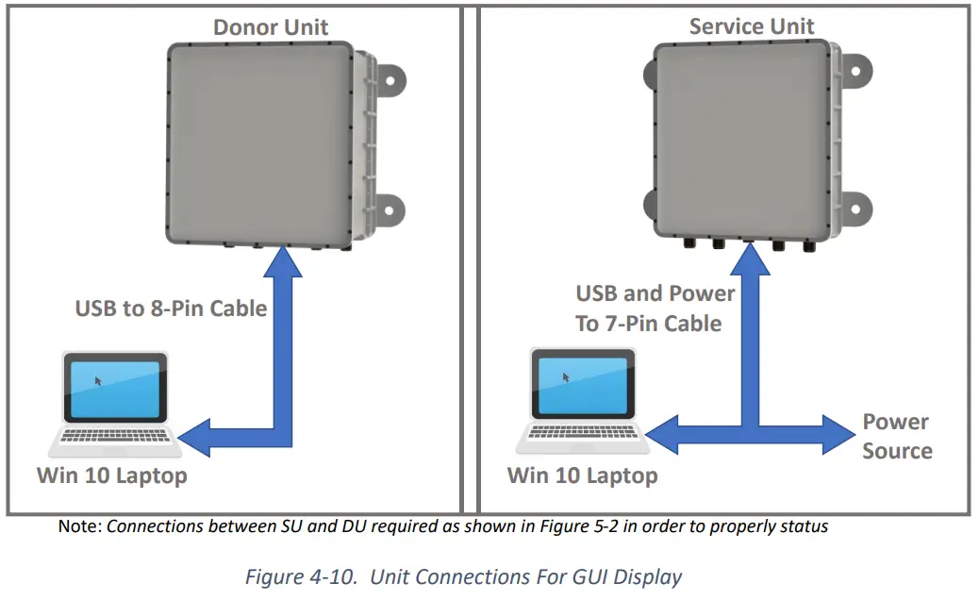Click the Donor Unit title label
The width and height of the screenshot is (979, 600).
pos(271,26)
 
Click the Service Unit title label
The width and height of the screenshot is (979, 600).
pos(751,25)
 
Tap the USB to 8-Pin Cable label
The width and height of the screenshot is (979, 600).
pos(171,308)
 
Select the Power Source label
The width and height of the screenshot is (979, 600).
pos(896,436)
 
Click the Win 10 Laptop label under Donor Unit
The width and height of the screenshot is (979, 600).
pos(111,475)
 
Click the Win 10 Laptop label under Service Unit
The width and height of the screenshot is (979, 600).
pos(582,475)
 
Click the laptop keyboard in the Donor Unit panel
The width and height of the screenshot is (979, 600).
pos(115,435)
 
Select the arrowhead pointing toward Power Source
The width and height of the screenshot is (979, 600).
pos(838,434)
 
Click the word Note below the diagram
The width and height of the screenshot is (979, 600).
pos(79,526)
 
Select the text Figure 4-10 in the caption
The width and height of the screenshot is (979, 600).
pos(301,575)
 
